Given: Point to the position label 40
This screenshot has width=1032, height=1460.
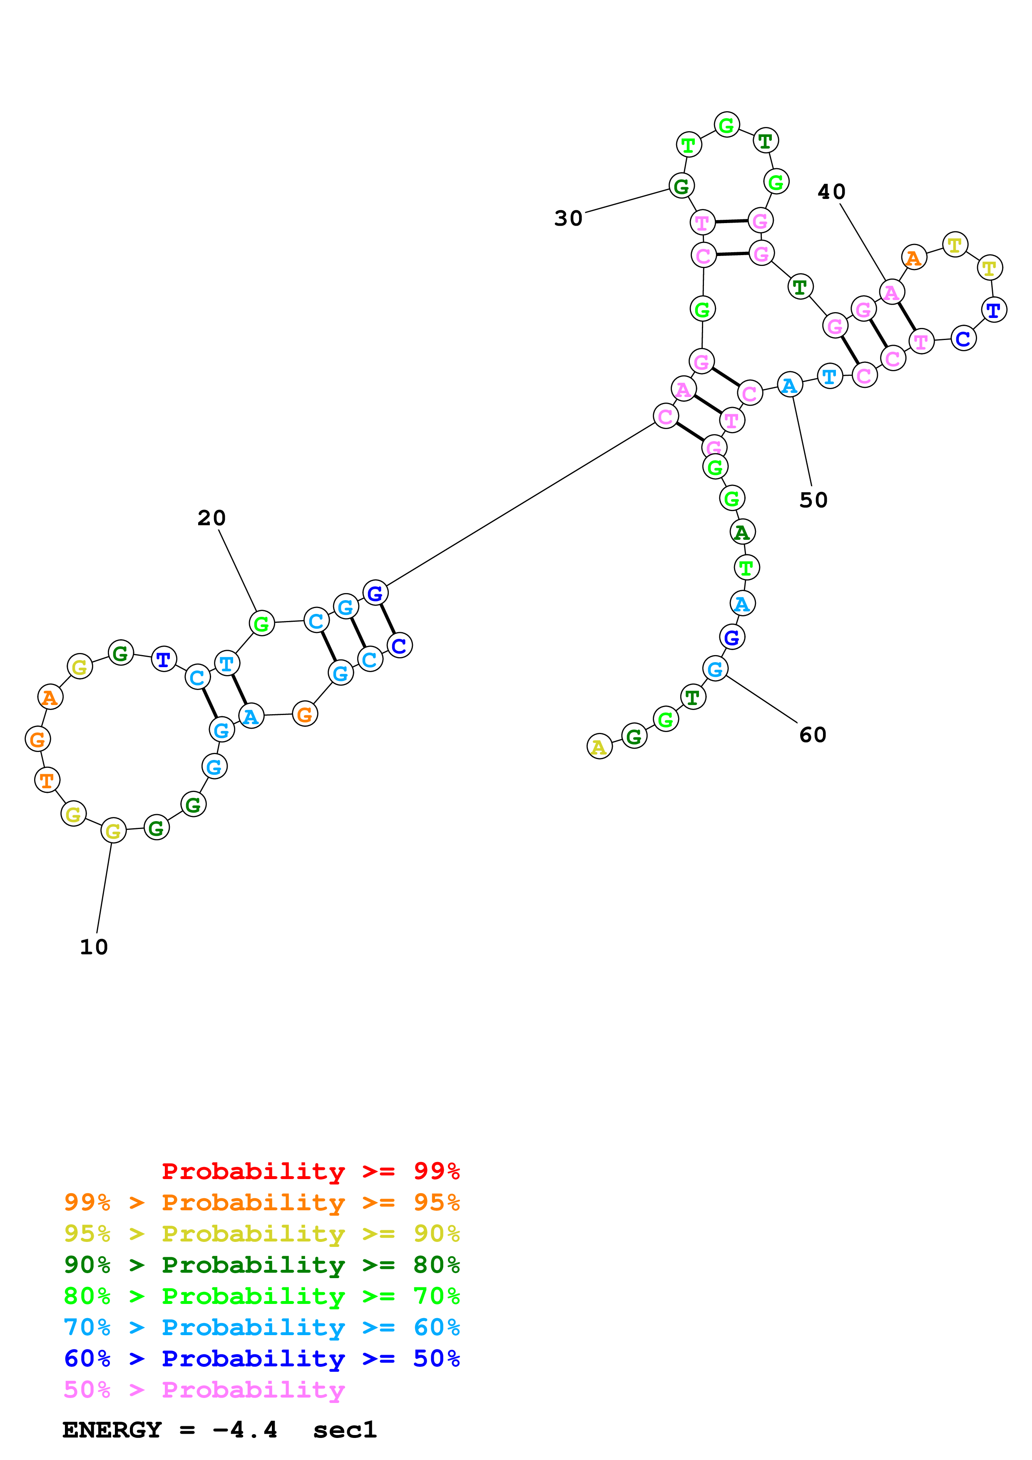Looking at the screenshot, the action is click(831, 192).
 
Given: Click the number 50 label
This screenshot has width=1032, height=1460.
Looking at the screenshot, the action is click(813, 500).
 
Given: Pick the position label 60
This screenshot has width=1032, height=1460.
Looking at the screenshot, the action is click(813, 735).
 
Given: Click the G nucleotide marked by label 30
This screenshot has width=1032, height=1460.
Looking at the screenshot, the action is click(681, 186).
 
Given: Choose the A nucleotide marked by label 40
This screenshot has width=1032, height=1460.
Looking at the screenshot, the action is click(891, 293).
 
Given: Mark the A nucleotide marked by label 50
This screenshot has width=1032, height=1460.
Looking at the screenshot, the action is click(790, 385).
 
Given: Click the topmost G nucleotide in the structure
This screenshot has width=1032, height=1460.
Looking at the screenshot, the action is click(727, 125).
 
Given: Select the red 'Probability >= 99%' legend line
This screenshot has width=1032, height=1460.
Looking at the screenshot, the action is click(310, 1171).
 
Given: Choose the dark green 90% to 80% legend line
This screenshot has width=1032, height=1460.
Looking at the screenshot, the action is click(261, 1265).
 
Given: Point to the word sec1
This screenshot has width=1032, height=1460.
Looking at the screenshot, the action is click(345, 1430).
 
